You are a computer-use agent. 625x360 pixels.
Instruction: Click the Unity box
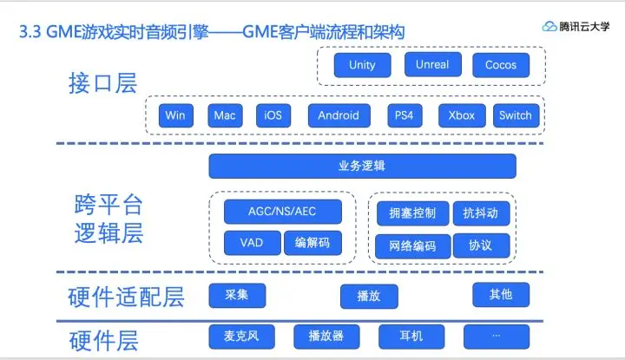[362, 65]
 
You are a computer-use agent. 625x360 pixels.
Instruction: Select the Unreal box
[432, 64]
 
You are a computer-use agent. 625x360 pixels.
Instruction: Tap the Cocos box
[501, 65]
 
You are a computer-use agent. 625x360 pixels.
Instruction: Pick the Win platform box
[175, 115]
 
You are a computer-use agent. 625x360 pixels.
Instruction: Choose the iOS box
[273, 115]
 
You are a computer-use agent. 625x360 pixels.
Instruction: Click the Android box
[339, 115]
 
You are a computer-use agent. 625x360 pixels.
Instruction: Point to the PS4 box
[404, 115]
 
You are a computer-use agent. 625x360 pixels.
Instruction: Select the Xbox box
[462, 115]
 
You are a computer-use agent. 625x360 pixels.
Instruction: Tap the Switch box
[515, 115]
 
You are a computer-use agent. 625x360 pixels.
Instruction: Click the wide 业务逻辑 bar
[362, 166]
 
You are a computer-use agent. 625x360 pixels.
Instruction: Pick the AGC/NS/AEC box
[282, 213]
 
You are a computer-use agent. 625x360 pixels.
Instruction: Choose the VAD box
[251, 243]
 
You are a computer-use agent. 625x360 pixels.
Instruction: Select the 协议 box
[480, 245]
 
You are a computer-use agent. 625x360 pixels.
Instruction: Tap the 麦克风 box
[236, 336]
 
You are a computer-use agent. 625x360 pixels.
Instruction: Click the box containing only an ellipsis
[497, 336]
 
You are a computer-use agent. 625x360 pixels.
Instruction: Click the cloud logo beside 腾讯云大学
[549, 27]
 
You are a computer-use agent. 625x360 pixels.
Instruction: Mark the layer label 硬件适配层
[126, 298]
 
